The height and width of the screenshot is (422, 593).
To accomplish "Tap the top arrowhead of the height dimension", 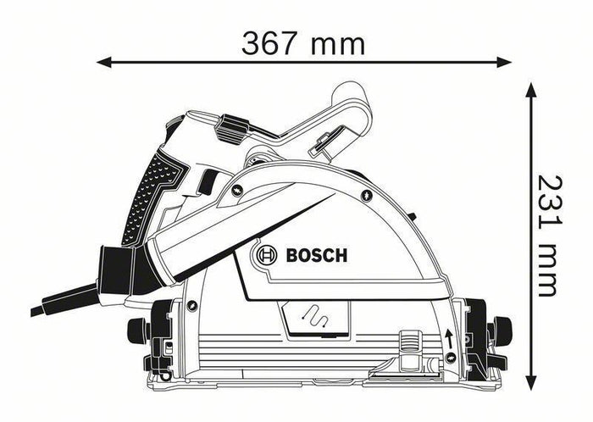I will point(531,88).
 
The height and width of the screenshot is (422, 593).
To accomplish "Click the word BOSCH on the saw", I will point(317,255).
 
